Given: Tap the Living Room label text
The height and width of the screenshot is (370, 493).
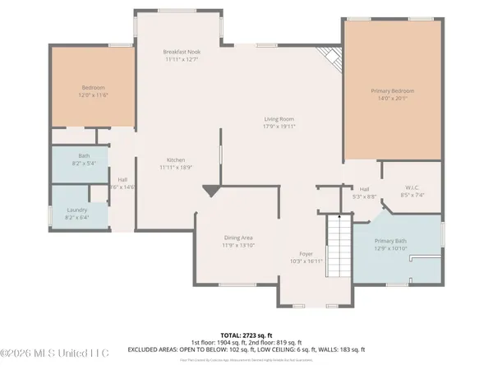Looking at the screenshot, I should point(279,118).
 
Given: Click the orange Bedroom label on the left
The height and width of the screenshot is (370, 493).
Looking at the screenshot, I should point(93,88).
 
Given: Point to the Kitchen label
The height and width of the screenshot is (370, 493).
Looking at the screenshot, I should point(177,160).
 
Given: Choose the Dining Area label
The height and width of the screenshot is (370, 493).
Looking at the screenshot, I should point(238,238).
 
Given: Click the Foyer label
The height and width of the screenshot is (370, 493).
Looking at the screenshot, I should point(306,254).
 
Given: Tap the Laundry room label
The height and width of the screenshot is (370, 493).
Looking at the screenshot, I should point(77,210).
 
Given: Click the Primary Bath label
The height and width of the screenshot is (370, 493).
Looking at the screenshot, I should point(390,241).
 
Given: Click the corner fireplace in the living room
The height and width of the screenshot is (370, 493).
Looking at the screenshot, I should point(331,58).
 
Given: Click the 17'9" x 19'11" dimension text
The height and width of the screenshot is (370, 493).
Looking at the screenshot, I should point(279,127).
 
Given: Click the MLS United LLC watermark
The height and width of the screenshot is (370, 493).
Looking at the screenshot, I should point(55,354).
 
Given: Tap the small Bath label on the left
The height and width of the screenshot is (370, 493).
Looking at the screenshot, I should point(84,155).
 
